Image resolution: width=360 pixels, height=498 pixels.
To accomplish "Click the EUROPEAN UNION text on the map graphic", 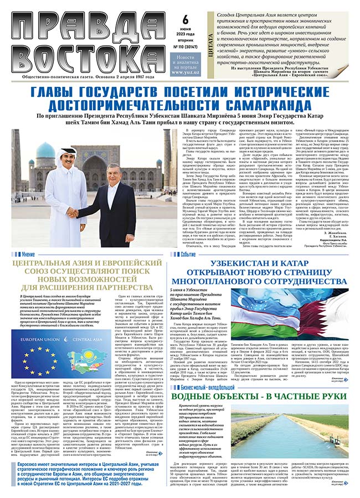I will [39, 338].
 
